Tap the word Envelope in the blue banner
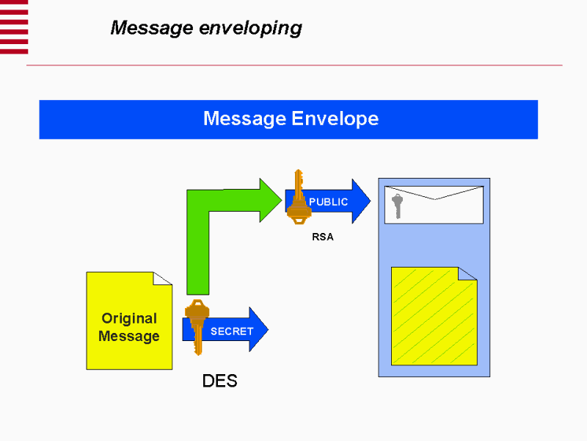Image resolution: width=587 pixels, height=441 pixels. pos(335,118)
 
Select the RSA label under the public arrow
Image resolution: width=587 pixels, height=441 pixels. pos(323,237)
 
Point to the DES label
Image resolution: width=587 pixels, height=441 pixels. pos(219,381)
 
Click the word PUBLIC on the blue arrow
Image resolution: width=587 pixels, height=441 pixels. pos(328,201)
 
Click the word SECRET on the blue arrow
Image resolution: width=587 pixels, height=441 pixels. pos(231,331)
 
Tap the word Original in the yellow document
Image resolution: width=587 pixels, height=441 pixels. pos(129,318)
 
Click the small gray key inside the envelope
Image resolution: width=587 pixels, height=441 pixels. pos(397,205)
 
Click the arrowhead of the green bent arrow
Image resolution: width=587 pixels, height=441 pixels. pos(269,200)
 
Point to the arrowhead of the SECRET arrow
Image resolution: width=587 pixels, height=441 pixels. pos(258,329)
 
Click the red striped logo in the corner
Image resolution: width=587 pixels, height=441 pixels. pos(14,26)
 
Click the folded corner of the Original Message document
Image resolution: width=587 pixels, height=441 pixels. pos(163,279)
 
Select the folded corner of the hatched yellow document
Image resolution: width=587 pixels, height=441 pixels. pos(467,273)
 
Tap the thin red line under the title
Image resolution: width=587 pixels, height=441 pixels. pos(293,65)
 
